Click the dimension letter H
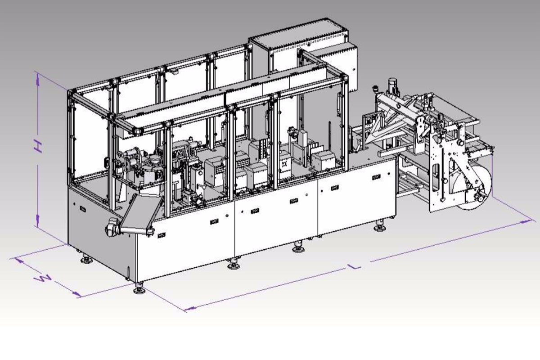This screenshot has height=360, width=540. point(38,147)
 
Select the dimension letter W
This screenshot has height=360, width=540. point(43,279)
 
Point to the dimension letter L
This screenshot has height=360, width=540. point(354,266)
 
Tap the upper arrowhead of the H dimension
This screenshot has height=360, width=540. point(37,78)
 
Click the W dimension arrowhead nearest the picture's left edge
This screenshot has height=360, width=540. point(18,260)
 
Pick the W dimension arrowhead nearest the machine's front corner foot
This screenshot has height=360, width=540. point(76,294)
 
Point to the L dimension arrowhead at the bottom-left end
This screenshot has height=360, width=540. point(189,308)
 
